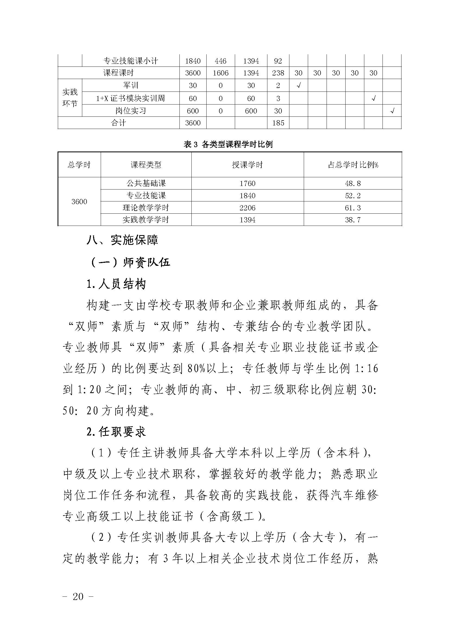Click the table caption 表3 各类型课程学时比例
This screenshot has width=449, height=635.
(x=228, y=144)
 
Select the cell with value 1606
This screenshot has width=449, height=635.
(x=221, y=73)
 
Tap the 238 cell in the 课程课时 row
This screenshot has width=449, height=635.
(x=278, y=73)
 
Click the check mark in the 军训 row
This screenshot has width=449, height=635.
(x=298, y=86)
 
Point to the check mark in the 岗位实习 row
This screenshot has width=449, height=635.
(x=392, y=111)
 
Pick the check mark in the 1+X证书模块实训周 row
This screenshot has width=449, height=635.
(x=373, y=98)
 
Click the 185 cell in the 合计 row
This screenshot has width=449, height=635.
(x=278, y=123)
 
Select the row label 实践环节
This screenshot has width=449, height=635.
(x=70, y=98)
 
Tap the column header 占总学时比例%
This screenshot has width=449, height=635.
(x=353, y=165)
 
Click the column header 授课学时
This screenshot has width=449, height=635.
(x=247, y=165)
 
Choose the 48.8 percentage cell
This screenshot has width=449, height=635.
(x=353, y=183)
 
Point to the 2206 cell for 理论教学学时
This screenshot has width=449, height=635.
(x=247, y=208)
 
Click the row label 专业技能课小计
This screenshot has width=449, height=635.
(x=131, y=61)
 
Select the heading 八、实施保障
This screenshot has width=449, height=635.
(x=122, y=240)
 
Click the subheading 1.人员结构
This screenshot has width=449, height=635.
(x=116, y=284)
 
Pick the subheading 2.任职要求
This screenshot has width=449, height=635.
(x=116, y=432)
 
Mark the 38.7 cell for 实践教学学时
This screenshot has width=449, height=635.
(x=353, y=220)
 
